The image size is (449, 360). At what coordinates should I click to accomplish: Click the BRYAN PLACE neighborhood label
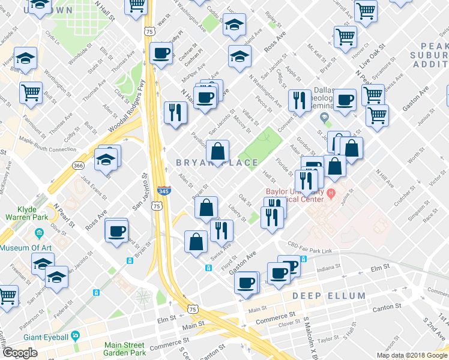[x=217, y=163]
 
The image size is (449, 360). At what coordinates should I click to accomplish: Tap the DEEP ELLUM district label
[x=329, y=296]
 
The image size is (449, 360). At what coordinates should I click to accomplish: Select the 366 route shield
[x=79, y=165]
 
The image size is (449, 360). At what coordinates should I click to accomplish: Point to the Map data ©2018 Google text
[x=412, y=355]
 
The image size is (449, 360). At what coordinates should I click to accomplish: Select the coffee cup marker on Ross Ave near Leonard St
[x=116, y=230]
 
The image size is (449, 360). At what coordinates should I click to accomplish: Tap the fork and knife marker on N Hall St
[x=175, y=112]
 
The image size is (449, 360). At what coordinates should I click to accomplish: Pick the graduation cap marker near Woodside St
[x=26, y=58]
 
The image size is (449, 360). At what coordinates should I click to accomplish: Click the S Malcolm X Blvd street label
[x=310, y=337]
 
